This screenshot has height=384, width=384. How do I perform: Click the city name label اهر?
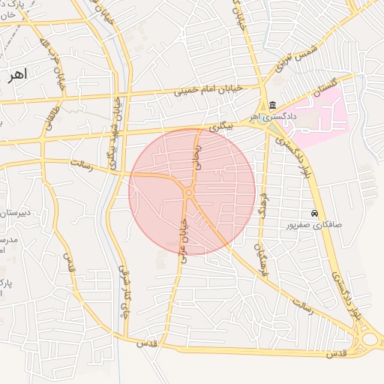click(x=15, y=74)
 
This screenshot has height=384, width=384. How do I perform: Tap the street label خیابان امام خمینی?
click(x=208, y=90)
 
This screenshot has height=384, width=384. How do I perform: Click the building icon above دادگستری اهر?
click(x=271, y=105)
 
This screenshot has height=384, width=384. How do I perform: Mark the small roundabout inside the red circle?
click(x=188, y=194)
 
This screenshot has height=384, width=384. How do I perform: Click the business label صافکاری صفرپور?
click(x=314, y=224)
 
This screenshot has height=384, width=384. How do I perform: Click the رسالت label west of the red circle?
click(x=81, y=163)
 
